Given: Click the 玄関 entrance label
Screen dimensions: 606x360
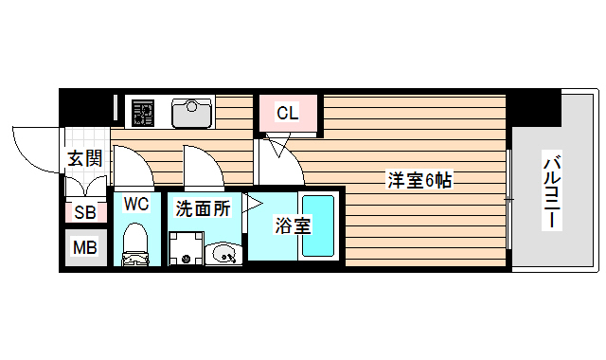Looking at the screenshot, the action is tap(84, 158).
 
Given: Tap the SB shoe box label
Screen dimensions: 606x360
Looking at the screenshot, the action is tap(84, 213).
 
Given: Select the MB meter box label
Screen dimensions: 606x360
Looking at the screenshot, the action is tap(84, 248).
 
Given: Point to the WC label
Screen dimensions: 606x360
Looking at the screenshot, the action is tap(136, 204).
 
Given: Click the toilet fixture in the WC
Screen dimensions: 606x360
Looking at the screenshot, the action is tap(136, 244).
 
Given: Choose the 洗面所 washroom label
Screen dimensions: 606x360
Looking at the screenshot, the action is tap(203, 208).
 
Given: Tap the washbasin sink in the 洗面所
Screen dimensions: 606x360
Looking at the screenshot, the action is tap(223, 252).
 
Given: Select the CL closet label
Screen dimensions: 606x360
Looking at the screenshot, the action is tap(288, 114).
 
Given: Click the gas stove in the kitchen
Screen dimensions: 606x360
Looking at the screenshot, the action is tap(142, 113).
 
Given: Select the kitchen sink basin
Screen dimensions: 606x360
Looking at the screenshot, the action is tap(192, 113).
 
